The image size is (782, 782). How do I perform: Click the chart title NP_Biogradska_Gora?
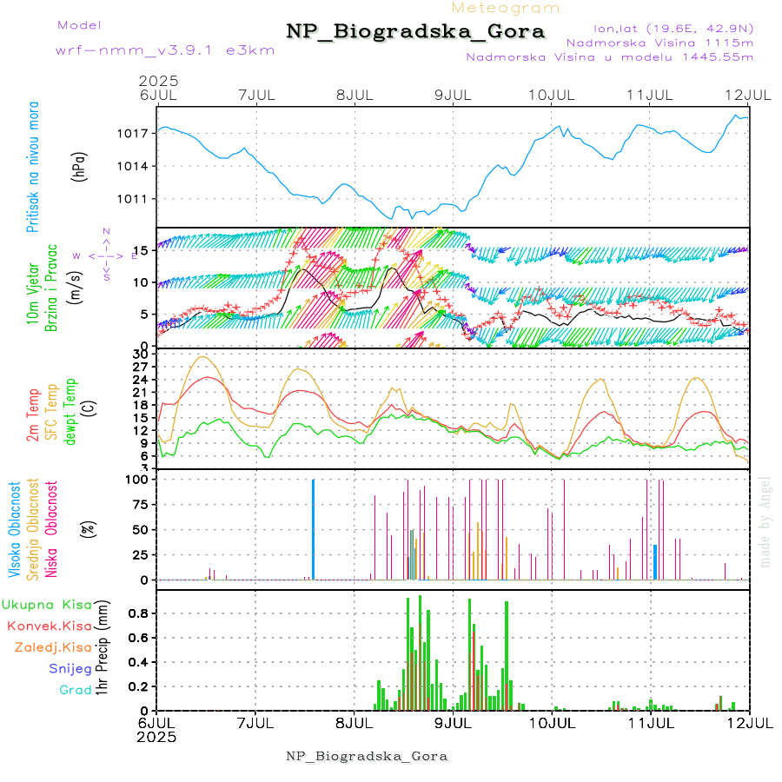pyautogui.click(x=415, y=32)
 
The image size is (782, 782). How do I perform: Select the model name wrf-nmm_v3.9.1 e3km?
pyautogui.click(x=165, y=50)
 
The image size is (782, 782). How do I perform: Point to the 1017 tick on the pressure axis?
pyautogui.click(x=139, y=133)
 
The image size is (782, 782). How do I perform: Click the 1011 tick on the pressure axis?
pyautogui.click(x=139, y=198)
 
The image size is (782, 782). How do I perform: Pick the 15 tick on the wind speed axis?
pyautogui.click(x=142, y=250)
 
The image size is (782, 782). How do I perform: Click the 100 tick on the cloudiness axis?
pyautogui.click(x=139, y=479)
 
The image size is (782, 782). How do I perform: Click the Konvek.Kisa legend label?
pyautogui.click(x=49, y=626)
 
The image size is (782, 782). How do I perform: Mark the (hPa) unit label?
pyautogui.click(x=79, y=166)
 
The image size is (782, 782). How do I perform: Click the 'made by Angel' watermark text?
pyautogui.click(x=765, y=520)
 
